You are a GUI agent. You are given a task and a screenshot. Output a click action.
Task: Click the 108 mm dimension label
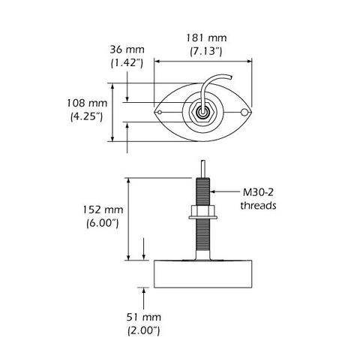tap(86, 103)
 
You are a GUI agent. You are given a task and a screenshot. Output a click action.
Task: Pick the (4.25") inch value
tap(86, 117)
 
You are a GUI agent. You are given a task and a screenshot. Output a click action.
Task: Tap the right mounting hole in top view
tap(244, 113)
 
